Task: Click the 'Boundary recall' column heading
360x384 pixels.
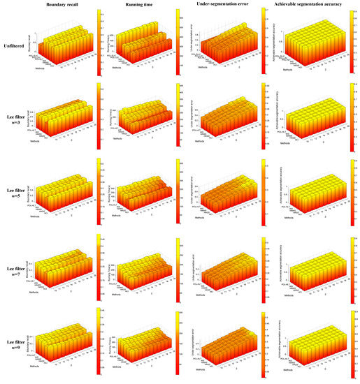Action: [59, 6]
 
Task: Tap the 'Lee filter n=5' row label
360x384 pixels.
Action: [16, 196]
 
